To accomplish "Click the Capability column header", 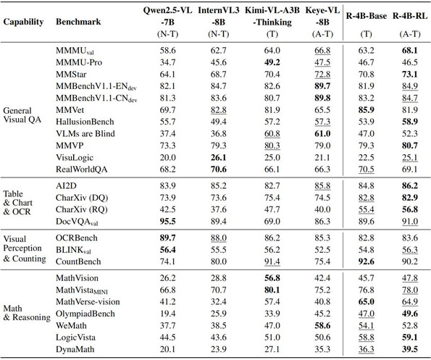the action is click(x=23, y=22).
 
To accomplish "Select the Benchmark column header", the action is click(x=78, y=22).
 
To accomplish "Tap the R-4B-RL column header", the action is click(x=410, y=16).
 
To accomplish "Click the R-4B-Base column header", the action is click(x=366, y=16).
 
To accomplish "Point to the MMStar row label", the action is click(x=71, y=74).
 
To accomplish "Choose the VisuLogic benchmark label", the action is click(x=75, y=158).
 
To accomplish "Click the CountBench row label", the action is click(x=78, y=261).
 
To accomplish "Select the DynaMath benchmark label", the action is click(x=75, y=349).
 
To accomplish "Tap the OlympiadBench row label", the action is click(x=85, y=314).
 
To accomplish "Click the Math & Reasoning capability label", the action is click(x=27, y=313).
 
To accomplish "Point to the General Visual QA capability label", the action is click(x=22, y=115).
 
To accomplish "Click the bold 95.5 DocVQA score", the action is click(x=167, y=222).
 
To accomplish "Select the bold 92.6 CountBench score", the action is click(x=366, y=261).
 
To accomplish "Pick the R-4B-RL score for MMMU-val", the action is click(x=410, y=51).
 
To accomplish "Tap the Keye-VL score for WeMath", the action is click(x=322, y=326).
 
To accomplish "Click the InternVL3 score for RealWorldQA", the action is click(x=219, y=169).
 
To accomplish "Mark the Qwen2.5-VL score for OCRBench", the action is click(x=167, y=238).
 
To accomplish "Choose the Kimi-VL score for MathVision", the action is click(x=272, y=278).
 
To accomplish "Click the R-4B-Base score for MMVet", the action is click(x=366, y=110).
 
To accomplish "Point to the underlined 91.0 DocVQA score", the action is click(x=410, y=222).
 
